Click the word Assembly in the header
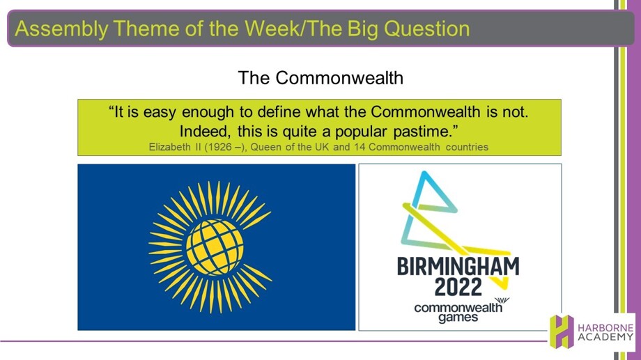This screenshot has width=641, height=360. click(61, 29)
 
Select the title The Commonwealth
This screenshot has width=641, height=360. click(320, 77)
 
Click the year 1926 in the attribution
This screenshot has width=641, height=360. click(221, 147)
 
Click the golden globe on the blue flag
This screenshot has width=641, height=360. click(215, 246)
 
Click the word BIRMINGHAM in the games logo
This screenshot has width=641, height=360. click(458, 267)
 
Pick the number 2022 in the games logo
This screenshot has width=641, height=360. click(458, 288)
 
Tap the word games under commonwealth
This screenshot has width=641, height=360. click(458, 317)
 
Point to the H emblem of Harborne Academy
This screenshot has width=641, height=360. click(562, 331)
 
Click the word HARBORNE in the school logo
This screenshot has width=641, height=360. click(605, 328)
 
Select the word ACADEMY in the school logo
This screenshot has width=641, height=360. click(605, 337)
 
